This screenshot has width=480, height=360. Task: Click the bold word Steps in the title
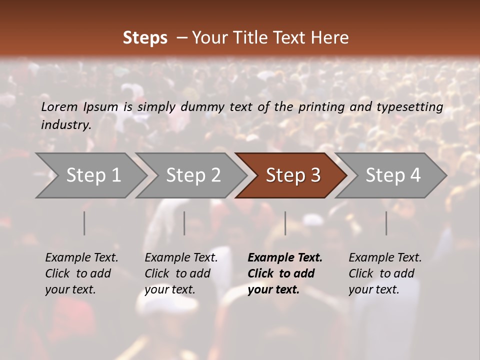tap(145, 38)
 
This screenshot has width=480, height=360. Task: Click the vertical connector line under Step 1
tap(84, 223)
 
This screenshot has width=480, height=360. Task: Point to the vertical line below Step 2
tap(184, 223)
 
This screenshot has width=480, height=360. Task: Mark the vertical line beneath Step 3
tap(285, 223)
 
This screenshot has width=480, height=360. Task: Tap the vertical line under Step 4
tap(386, 223)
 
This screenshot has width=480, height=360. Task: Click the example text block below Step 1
tap(81, 273)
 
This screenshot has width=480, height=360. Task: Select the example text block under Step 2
tap(181, 273)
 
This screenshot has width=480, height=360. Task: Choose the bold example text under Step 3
tap(285, 273)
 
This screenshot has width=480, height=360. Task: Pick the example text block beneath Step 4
tap(385, 273)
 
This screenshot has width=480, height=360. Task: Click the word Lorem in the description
tap(59, 107)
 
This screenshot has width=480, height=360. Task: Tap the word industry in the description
tap(65, 124)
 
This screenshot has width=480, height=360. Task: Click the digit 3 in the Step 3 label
tap(315, 175)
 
